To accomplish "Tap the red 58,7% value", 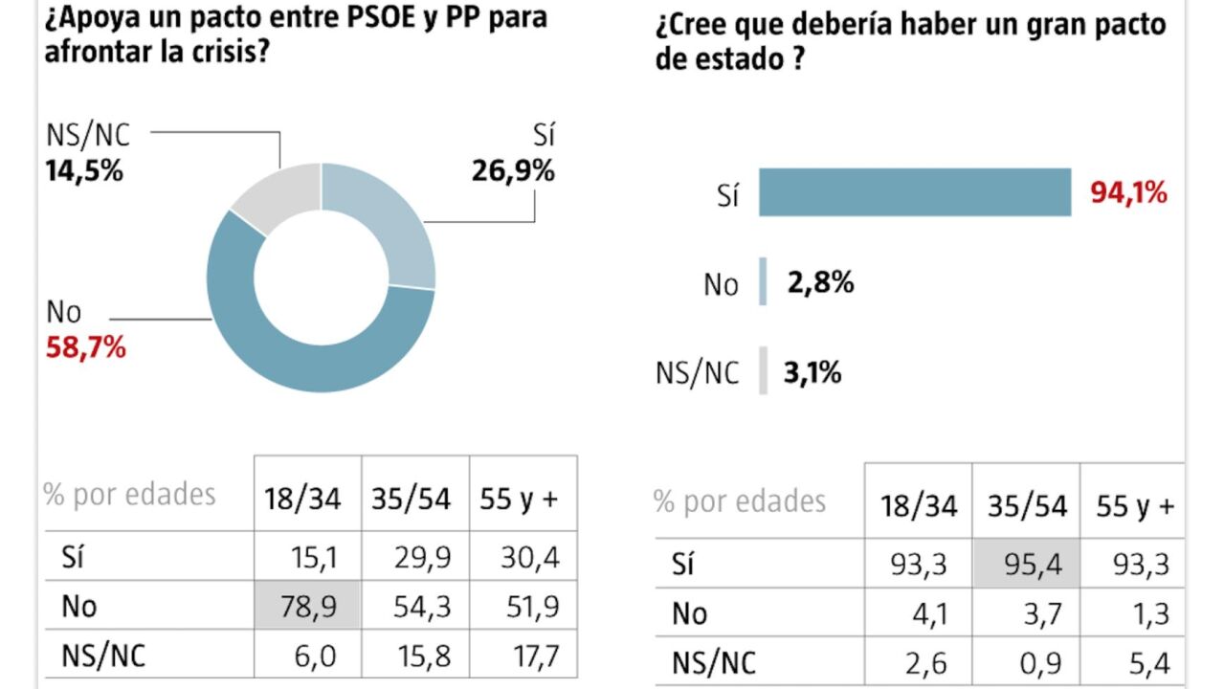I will tap(85, 346).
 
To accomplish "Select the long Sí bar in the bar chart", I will tap(914, 192).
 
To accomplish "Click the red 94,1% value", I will tap(1129, 192).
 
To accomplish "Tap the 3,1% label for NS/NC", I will tap(812, 371).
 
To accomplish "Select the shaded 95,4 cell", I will tap(1026, 564).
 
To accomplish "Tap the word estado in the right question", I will tap(742, 59).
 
